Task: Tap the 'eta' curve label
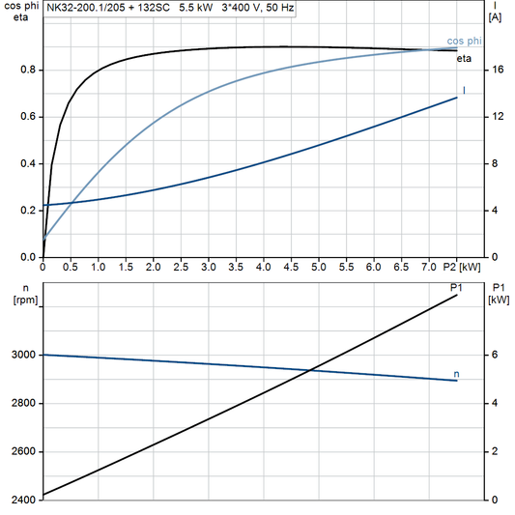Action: point(464,59)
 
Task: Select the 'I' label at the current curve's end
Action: point(465,90)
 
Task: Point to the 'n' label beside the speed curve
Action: point(456,373)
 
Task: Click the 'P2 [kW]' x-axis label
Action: point(468,266)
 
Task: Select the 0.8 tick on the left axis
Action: point(29,70)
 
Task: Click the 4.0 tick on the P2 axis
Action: point(264,266)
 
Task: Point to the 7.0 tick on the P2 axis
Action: point(429,266)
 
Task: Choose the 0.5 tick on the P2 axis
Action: point(71,266)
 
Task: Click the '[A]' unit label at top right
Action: point(495,17)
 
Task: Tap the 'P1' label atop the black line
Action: point(453,287)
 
